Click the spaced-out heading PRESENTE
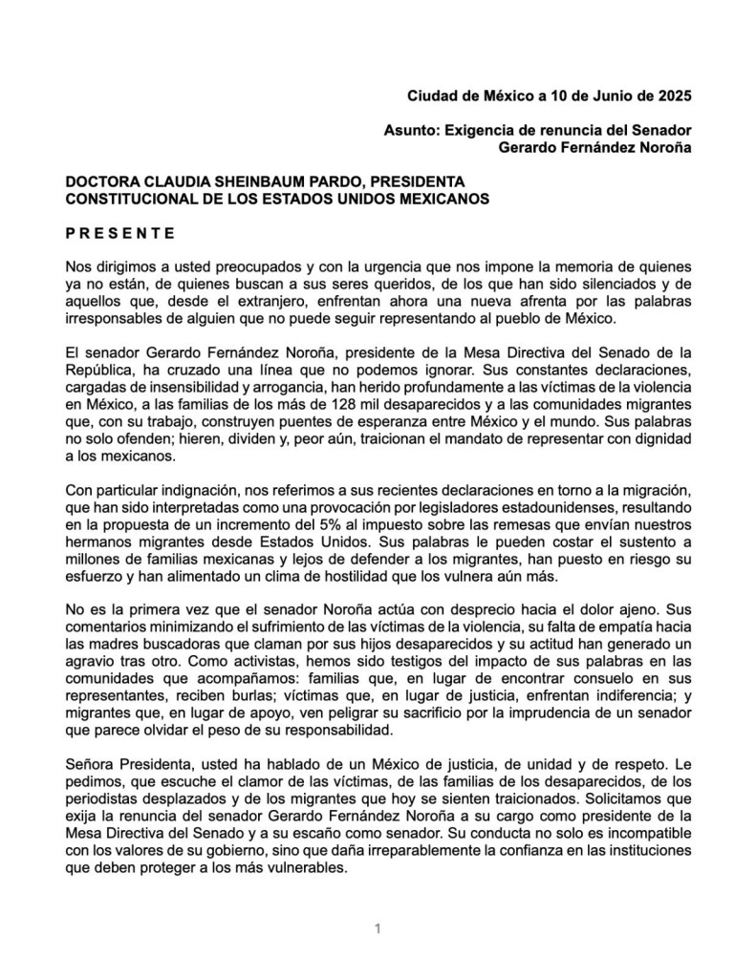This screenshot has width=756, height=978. pyautogui.click(x=119, y=232)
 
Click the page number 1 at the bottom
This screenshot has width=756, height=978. pyautogui.click(x=378, y=927)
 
